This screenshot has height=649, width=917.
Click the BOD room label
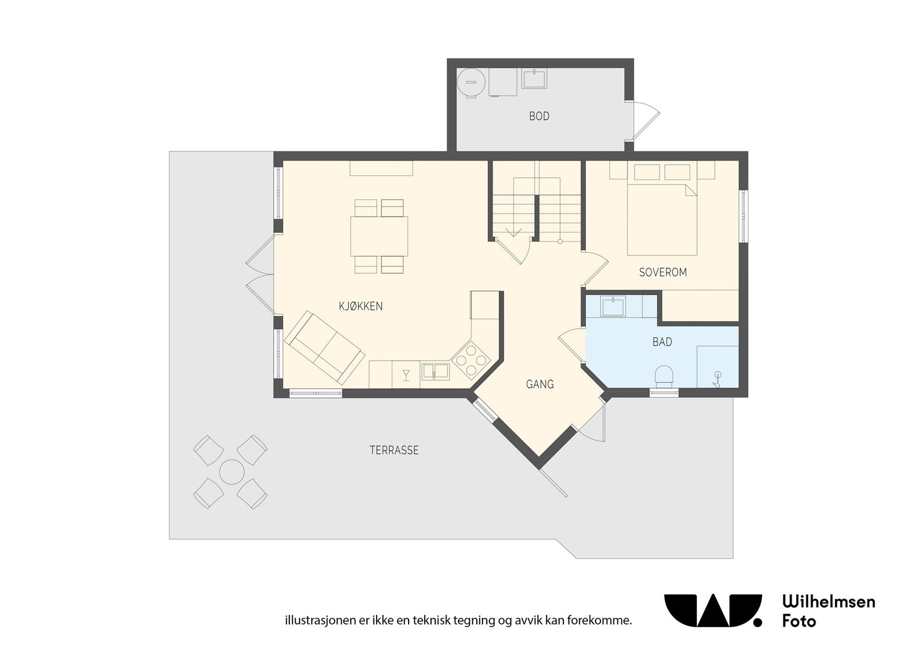pos(539,116)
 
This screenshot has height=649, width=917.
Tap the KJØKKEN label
pos(360,306)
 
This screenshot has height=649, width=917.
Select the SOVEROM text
pos(663,272)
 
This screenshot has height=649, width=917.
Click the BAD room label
pos(662,342)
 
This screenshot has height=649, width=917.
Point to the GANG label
pos(540,384)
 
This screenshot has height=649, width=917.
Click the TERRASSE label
pos(394,450)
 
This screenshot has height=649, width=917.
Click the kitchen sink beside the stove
pos(436,371)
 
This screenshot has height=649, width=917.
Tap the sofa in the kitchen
pos(324,347)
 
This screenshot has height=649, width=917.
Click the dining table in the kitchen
pos(379,236)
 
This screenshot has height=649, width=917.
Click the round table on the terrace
pos(231,472)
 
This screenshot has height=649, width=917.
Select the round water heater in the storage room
pos(472,82)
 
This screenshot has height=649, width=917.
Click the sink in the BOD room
pos(534,78)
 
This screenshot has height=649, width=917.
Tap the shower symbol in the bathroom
pos(716,378)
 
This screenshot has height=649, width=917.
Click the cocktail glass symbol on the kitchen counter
pos(406,375)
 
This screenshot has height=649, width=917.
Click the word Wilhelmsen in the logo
pos(828,601)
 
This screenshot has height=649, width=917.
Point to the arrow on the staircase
pos(514,232)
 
